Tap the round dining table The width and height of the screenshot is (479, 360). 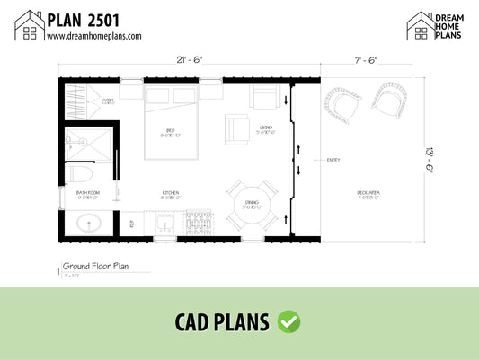tap(253, 206)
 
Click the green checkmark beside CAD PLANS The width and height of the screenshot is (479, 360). tap(289, 320)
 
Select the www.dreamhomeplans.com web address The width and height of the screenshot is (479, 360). tap(93, 36)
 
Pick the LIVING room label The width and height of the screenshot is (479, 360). tap(265, 127)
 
